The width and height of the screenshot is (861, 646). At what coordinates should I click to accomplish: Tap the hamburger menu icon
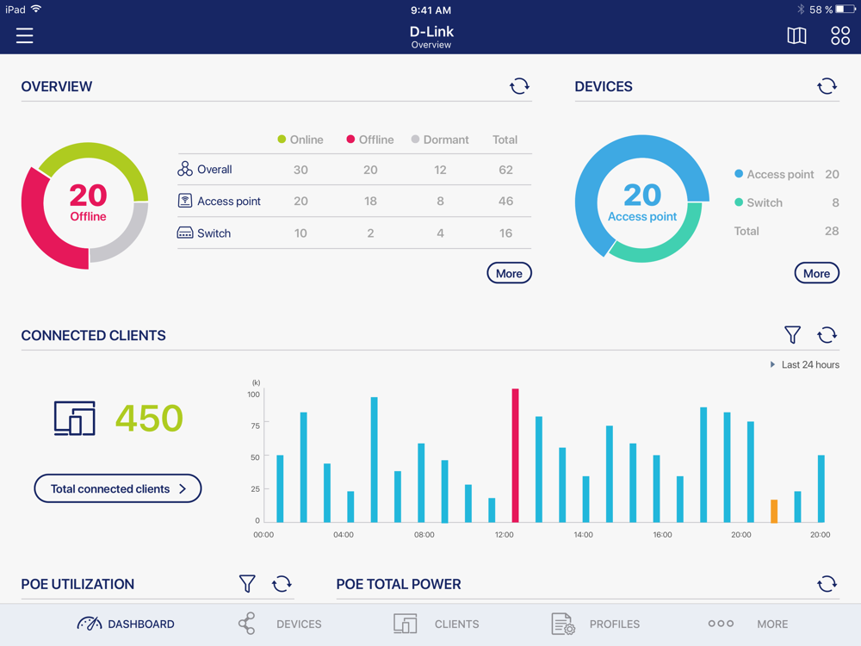click(24, 35)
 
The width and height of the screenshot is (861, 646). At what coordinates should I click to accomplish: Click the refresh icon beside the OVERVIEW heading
click(519, 86)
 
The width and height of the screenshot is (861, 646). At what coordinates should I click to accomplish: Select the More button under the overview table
click(509, 273)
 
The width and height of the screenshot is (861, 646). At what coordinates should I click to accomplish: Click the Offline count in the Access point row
click(370, 201)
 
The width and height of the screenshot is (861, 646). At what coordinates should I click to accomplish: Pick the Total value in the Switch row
click(505, 233)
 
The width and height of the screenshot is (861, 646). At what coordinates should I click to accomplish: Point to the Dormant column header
click(440, 140)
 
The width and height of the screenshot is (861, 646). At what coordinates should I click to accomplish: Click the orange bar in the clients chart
click(774, 511)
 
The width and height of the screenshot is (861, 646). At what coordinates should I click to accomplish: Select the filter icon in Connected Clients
click(792, 335)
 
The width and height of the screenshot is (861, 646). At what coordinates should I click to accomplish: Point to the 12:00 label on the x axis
click(505, 535)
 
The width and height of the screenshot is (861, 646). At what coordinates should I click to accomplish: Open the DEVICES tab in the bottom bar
click(280, 624)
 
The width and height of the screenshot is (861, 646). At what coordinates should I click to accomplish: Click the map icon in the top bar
click(796, 35)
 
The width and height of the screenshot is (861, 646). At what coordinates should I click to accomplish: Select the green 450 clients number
click(149, 419)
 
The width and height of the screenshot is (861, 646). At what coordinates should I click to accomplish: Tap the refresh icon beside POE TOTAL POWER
click(827, 584)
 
